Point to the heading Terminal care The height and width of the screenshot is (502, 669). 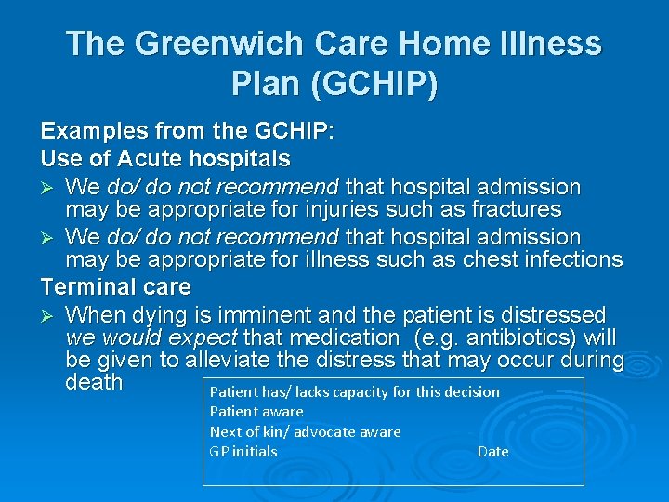tap(115, 287)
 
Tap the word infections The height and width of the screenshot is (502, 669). tap(564, 259)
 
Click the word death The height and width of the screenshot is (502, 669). tap(95, 382)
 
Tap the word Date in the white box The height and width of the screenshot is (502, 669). tap(492, 452)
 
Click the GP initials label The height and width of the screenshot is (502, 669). tap(243, 452)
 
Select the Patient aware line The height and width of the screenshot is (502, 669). tap(256, 412)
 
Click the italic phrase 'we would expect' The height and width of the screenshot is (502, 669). tap(151, 337)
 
